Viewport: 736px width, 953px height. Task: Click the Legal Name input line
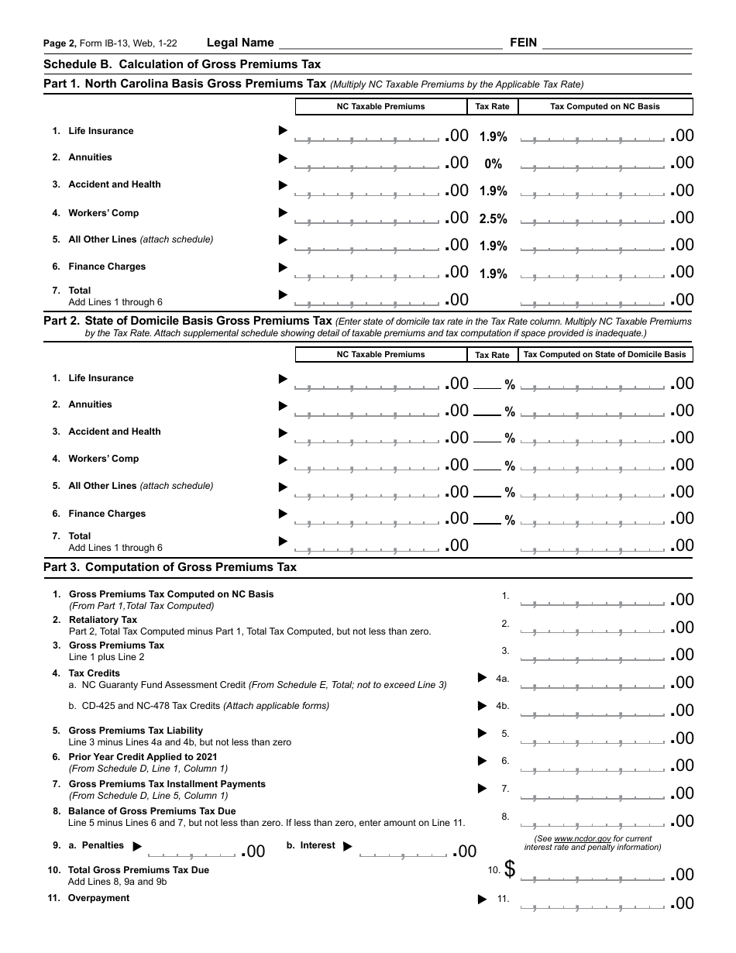(390, 44)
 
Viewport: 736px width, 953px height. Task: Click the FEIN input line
(617, 44)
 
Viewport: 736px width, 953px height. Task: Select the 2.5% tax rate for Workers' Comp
(493, 219)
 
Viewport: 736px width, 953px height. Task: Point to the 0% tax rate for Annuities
(493, 164)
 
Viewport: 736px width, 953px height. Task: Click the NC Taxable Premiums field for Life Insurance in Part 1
(366, 136)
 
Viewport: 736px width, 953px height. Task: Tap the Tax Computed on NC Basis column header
(605, 107)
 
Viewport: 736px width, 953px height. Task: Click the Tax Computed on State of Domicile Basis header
(605, 355)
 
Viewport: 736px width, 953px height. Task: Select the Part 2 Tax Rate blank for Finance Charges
(487, 521)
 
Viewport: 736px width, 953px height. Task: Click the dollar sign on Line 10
(510, 870)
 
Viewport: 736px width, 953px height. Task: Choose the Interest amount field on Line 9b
(403, 852)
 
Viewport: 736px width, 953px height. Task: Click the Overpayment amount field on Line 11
(593, 903)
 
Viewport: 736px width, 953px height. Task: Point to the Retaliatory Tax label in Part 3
(103, 620)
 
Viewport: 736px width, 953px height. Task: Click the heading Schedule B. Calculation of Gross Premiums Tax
(182, 64)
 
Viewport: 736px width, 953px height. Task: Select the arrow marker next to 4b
(483, 706)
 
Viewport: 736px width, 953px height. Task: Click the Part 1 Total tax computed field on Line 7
(593, 300)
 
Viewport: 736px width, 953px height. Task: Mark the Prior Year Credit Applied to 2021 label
(143, 757)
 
